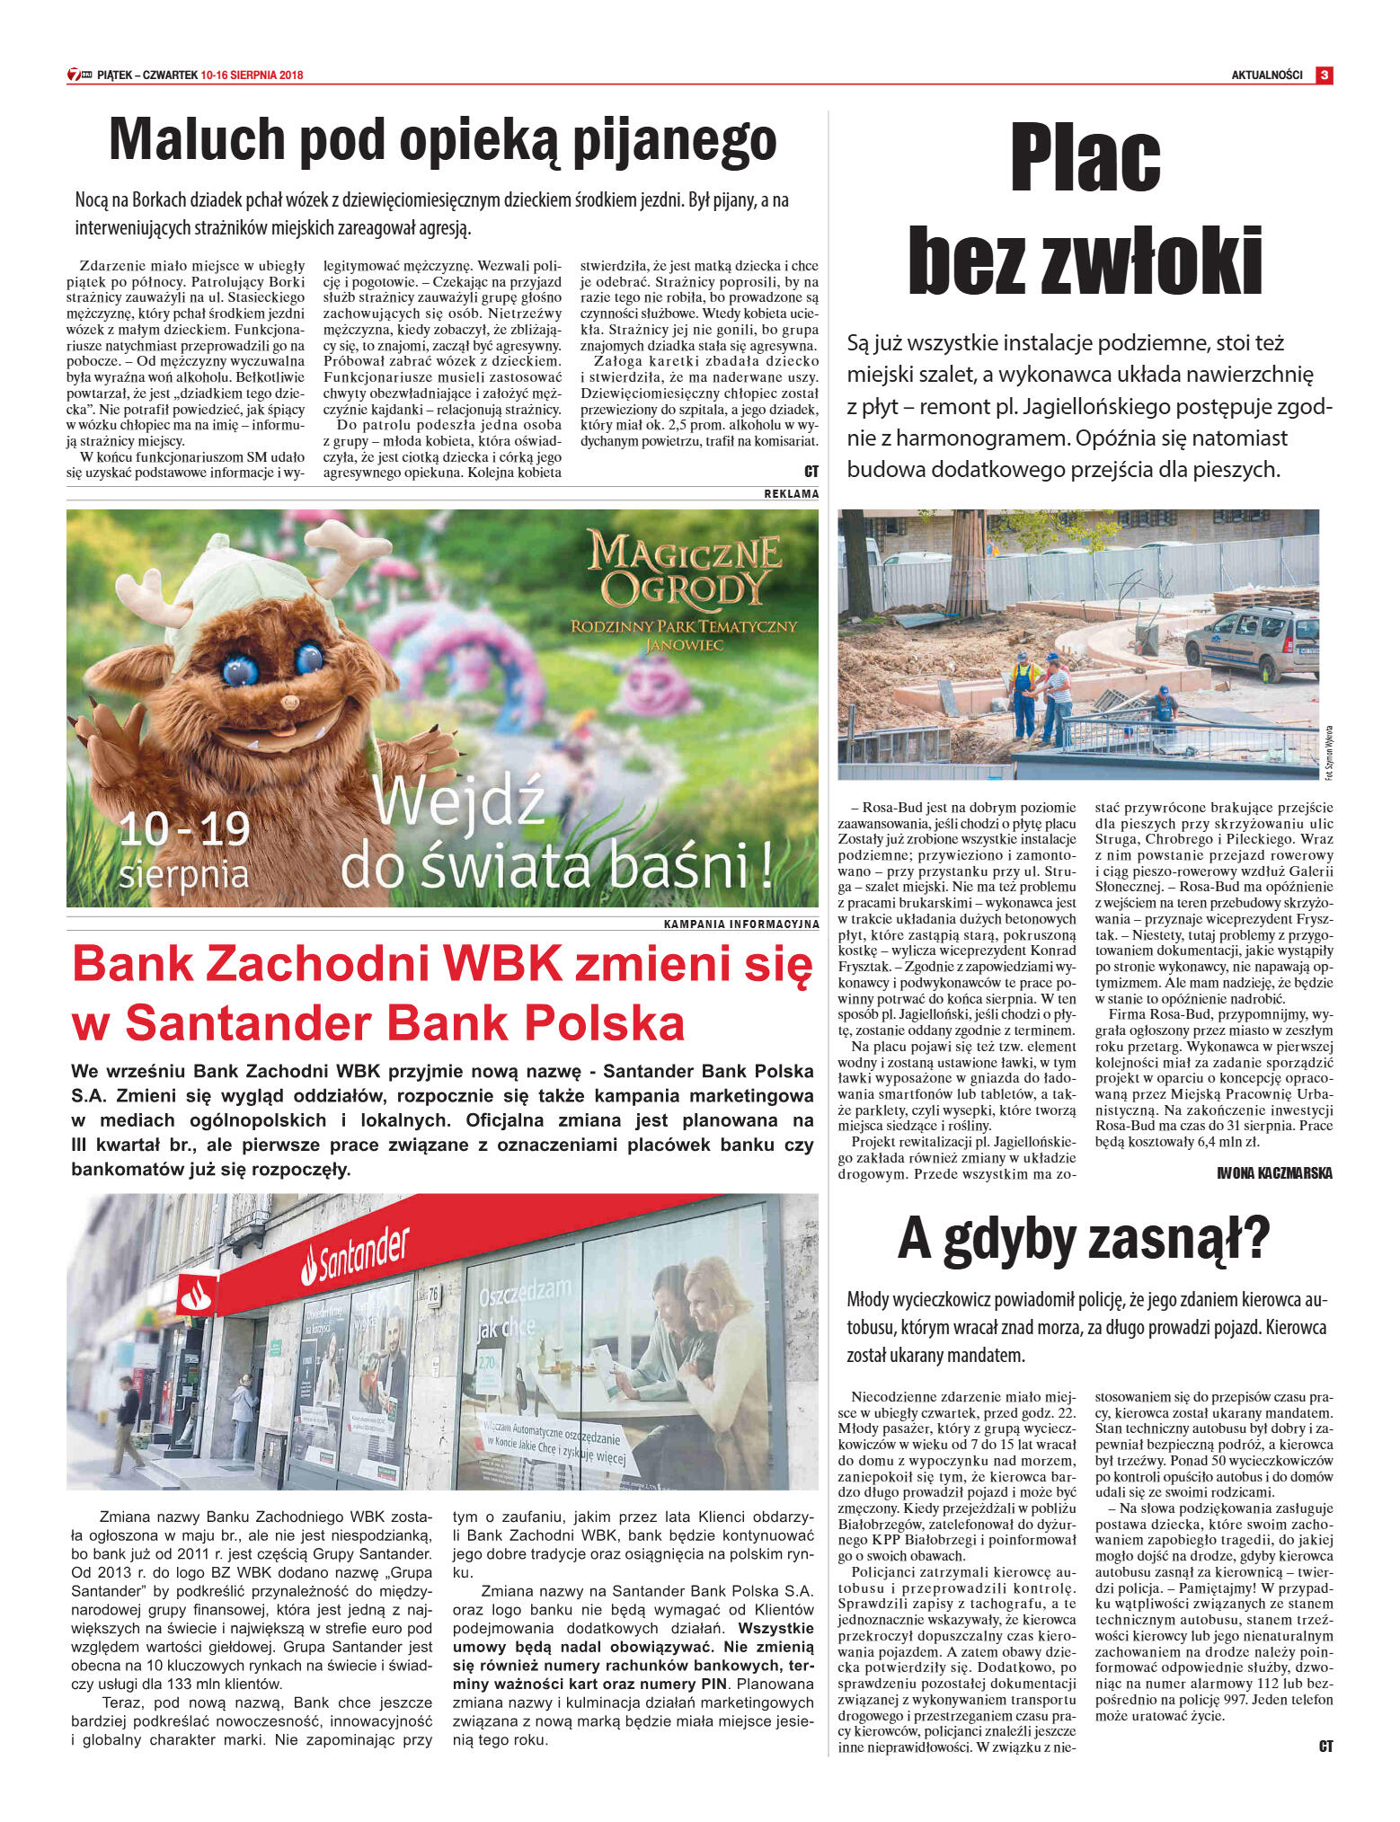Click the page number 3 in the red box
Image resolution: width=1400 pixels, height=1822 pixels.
[1324, 75]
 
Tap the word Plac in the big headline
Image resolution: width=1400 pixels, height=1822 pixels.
[1085, 158]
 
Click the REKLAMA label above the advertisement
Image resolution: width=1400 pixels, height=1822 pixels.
[791, 494]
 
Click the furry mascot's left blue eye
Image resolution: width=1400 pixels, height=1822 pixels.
[240, 669]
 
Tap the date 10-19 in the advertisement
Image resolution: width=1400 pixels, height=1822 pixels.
[184, 828]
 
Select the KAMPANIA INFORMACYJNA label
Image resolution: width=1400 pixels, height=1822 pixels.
[740, 924]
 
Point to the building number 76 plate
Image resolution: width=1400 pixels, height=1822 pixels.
[433, 1295]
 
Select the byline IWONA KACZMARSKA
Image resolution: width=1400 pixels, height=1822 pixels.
[1274, 1173]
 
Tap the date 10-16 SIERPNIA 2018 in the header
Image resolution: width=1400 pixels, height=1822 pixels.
[253, 75]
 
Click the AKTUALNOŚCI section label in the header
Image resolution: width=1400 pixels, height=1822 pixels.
[1266, 75]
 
